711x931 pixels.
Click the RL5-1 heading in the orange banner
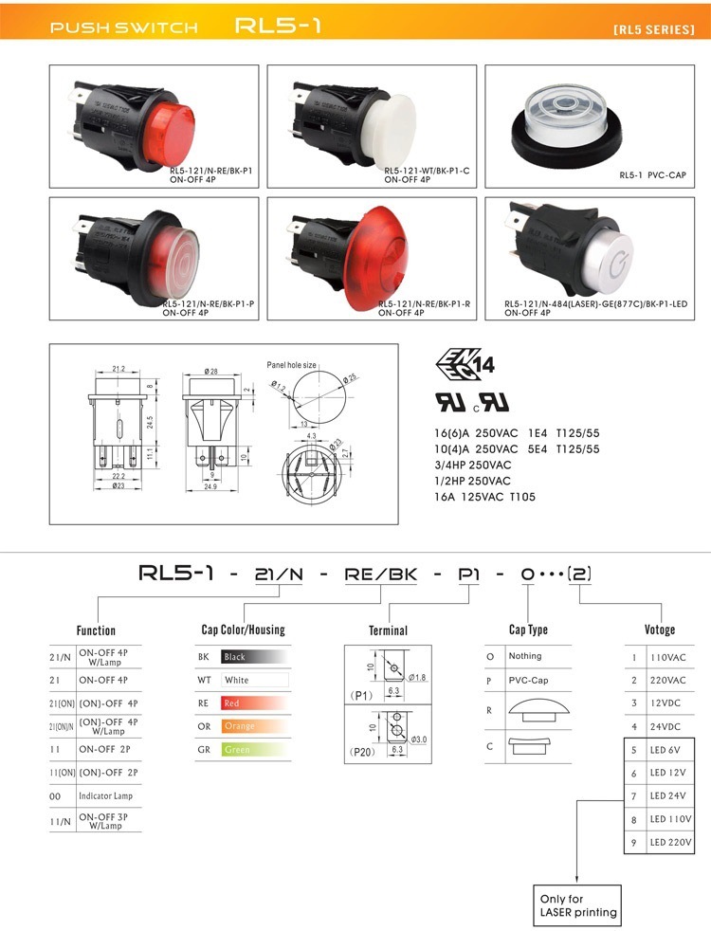pos(278,26)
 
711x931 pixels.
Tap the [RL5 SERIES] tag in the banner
pos(653,29)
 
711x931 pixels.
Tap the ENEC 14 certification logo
pos(465,363)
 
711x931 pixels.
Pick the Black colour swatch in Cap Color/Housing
pos(254,656)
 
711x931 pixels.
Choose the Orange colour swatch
pos(254,726)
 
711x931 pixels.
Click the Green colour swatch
pos(254,749)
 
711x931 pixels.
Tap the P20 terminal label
pos(361,752)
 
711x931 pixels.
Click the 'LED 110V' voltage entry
pos(670,818)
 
